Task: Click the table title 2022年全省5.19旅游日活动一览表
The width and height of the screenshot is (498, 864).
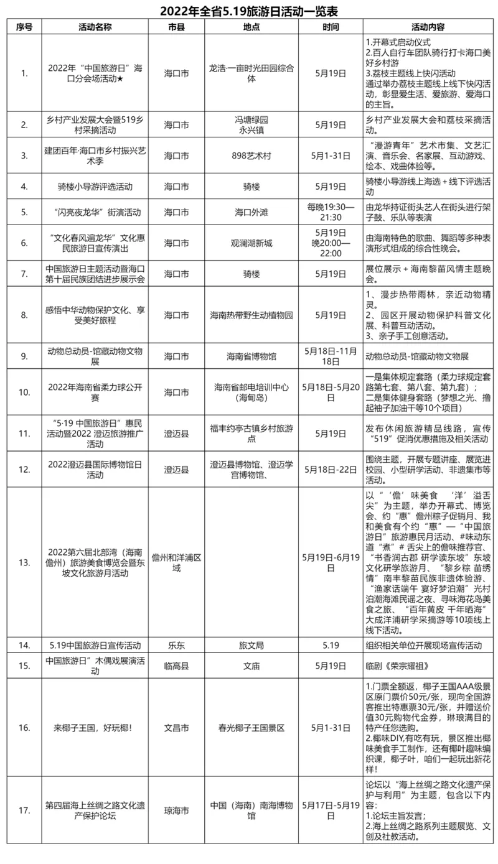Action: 249,11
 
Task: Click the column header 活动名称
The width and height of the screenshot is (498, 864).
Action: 95,27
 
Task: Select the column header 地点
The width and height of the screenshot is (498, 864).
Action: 251,27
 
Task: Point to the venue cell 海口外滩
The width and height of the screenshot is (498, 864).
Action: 251,212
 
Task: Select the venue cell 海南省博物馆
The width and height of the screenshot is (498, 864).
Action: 251,356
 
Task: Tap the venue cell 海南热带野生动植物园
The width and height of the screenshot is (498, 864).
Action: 251,315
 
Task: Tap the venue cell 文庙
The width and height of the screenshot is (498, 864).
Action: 251,666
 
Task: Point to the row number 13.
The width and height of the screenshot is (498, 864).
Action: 24,562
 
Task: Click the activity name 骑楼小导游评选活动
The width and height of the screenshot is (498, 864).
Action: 95,186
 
